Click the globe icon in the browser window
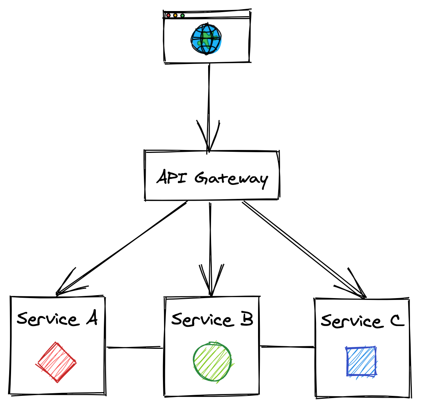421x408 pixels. tap(206, 39)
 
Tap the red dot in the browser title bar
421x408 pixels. tap(168, 15)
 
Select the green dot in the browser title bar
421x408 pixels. tap(182, 15)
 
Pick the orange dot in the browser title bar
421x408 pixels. tap(175, 15)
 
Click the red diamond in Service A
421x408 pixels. tap(56, 362)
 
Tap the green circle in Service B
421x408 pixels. tap(212, 362)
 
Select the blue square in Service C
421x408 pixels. tap(361, 361)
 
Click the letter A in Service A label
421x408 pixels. tap(92, 318)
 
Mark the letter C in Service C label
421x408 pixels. tap(397, 321)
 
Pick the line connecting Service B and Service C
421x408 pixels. tap(287, 347)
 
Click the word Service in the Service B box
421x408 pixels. tap(202, 320)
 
